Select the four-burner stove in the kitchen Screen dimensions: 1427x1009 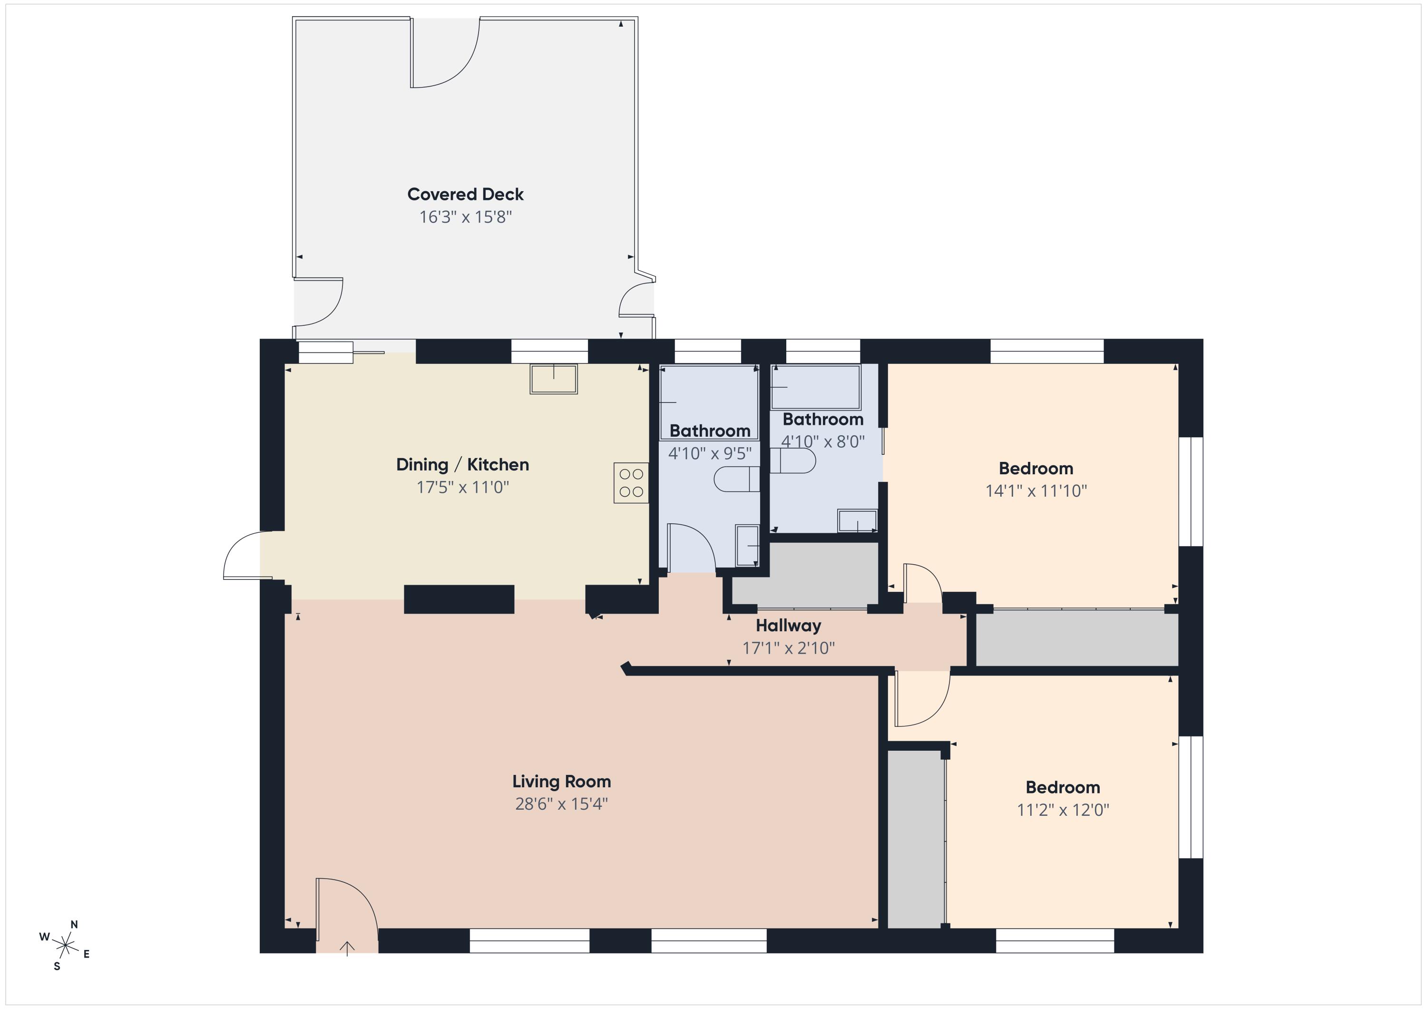[x=631, y=483]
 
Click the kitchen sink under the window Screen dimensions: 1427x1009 [x=553, y=379]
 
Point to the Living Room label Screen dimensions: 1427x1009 [x=561, y=782]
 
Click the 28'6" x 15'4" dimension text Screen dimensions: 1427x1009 [x=561, y=804]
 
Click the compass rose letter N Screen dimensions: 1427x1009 [x=74, y=924]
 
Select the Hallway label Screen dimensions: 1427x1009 [x=788, y=626]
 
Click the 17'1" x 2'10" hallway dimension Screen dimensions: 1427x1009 [x=788, y=648]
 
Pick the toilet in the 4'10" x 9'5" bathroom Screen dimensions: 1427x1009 [x=736, y=479]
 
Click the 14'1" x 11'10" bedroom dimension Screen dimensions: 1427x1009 [x=1036, y=490]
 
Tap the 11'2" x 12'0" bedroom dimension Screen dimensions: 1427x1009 [x=1063, y=810]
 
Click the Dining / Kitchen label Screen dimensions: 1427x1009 [x=462, y=464]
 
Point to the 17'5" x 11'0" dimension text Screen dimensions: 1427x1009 [x=462, y=487]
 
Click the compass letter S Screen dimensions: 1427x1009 [x=57, y=967]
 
